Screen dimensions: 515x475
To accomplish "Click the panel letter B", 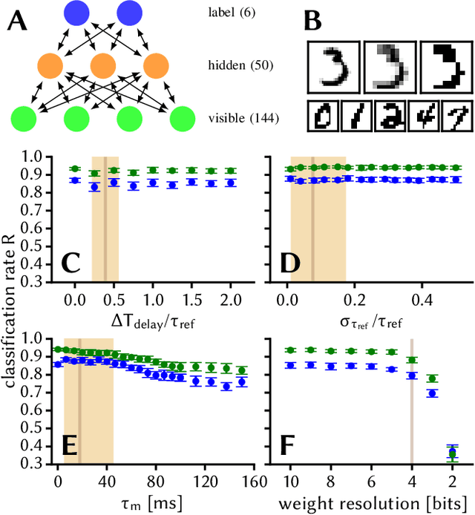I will tap(314, 20).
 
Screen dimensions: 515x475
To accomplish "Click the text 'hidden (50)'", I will tap(235, 66).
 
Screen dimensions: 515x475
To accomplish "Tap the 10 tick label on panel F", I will tap(290, 479).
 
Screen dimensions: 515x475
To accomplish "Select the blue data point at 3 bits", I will tap(433, 393).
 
